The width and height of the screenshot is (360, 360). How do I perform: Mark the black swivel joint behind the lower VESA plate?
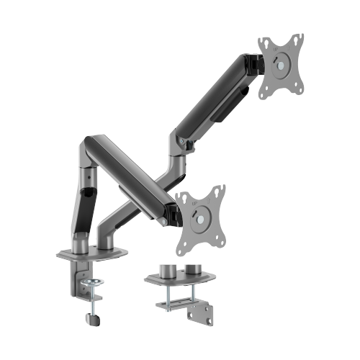tap(174, 212)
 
